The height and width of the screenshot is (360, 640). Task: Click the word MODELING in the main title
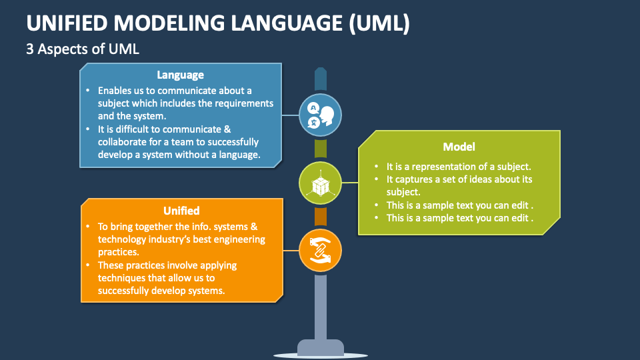point(169,23)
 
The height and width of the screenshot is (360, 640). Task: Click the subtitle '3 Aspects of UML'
point(83,49)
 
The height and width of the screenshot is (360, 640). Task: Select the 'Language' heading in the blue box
point(181,75)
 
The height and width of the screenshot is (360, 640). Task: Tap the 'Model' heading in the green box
point(459,147)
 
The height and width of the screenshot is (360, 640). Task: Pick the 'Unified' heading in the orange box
point(181,211)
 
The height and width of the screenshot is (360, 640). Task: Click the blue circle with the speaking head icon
point(321,115)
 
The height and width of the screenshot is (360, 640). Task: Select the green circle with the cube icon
point(321,183)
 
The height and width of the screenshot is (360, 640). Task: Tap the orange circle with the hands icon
point(321,251)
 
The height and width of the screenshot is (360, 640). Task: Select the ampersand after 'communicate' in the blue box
point(227,129)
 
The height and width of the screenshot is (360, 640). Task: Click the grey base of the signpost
point(321,348)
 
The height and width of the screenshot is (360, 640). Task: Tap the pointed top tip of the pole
point(321,68)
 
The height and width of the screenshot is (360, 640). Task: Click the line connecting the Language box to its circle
point(290,115)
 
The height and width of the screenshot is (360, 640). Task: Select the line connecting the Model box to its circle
point(350,183)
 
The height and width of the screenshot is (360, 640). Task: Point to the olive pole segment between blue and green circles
point(321,149)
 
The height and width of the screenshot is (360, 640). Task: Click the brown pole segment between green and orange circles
point(321,217)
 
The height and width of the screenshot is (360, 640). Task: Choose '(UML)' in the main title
point(379,23)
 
